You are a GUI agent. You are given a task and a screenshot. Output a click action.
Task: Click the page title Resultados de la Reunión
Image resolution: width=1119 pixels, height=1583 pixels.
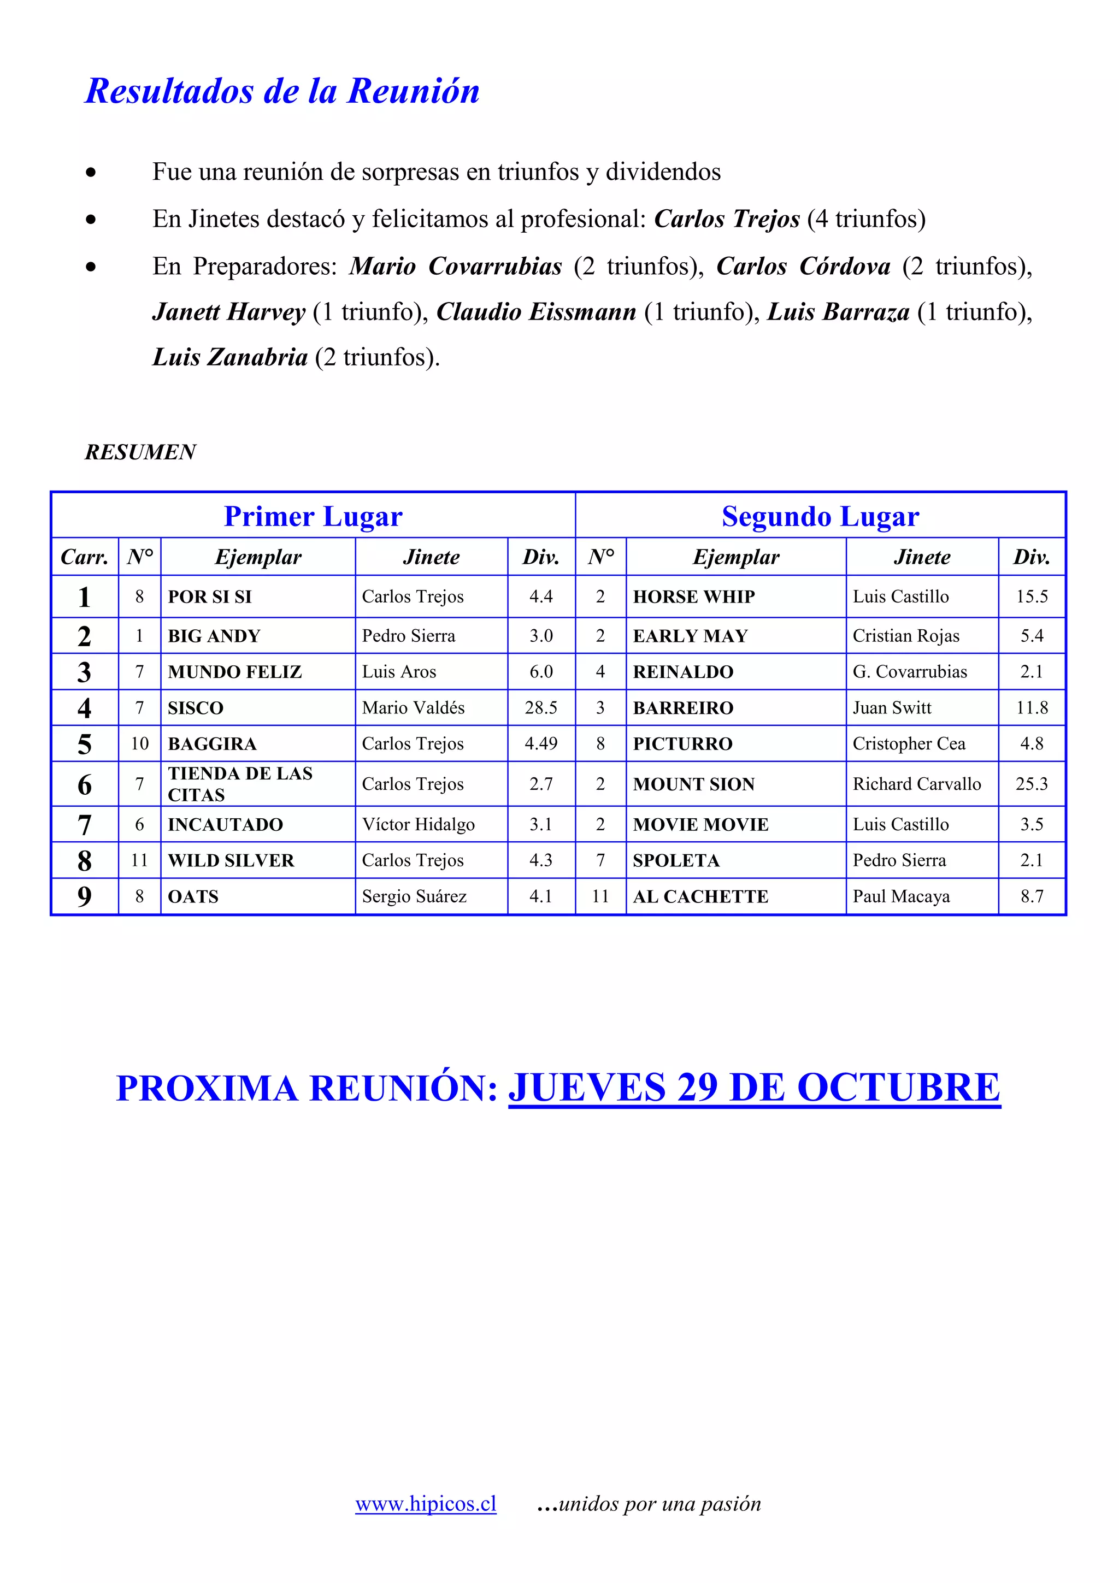[x=282, y=91]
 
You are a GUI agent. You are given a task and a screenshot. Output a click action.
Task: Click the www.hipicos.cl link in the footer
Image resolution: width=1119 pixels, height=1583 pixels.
[x=426, y=1503]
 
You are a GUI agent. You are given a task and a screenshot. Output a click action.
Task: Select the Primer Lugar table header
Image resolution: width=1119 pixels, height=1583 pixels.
[x=313, y=516]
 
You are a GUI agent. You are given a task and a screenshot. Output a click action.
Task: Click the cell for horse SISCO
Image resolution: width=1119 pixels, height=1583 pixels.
[x=196, y=708]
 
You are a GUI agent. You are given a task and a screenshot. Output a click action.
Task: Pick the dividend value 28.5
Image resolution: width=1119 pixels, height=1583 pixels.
[x=540, y=708]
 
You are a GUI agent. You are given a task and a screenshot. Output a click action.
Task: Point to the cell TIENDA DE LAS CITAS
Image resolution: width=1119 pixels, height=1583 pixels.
[x=240, y=784]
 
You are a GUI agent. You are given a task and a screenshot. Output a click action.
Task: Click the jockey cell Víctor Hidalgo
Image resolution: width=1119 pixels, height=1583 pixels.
[x=418, y=825]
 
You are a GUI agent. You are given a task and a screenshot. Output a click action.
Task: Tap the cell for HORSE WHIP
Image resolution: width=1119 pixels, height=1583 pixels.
[x=693, y=597]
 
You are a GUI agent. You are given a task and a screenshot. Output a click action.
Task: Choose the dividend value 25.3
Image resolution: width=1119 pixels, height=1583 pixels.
[x=1032, y=784]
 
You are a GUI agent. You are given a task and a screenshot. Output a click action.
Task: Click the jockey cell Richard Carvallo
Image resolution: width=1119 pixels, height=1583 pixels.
[x=916, y=784]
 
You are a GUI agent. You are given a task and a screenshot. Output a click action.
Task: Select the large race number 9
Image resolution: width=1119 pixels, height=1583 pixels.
[x=84, y=896]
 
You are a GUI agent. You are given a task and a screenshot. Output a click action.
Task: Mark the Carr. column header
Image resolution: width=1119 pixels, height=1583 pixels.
[x=84, y=557]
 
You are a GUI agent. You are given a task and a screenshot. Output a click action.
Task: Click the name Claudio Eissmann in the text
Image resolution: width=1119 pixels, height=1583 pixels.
[x=535, y=312]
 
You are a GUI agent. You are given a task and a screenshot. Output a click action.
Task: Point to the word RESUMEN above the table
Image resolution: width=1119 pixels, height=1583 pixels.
[x=140, y=452]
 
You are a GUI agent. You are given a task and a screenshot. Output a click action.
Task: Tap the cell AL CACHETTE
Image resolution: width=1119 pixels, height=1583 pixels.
[x=700, y=897]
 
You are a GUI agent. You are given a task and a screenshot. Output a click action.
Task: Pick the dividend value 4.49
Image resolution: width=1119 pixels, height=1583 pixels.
[x=540, y=744]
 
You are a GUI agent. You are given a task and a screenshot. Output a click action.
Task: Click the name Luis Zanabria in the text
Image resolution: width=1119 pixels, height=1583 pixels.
[x=229, y=357]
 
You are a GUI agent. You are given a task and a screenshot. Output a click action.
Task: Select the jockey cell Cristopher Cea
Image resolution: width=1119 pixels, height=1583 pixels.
[x=909, y=744]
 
